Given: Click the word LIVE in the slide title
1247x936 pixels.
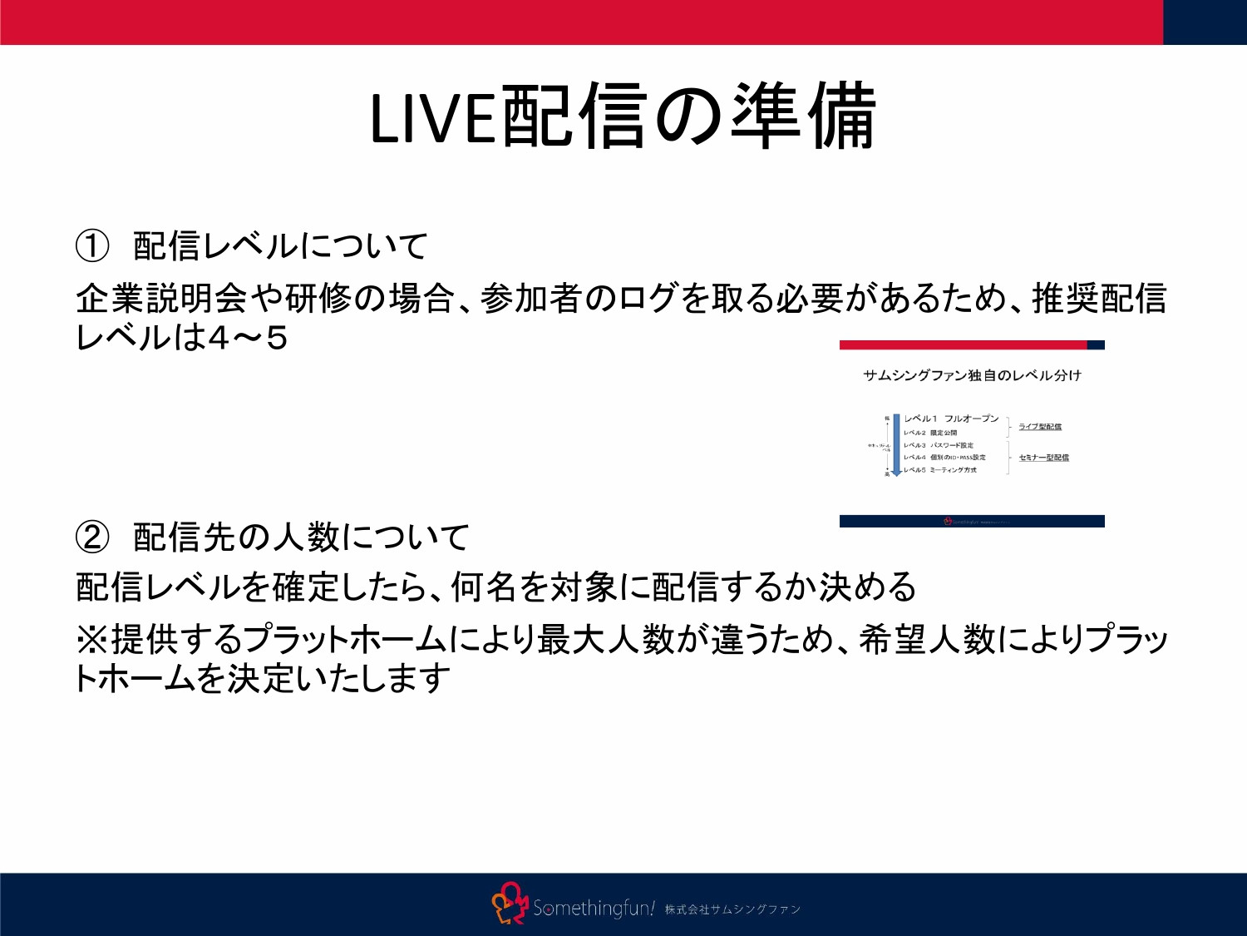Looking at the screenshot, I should coord(431,119).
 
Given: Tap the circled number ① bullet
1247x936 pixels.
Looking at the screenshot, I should coord(92,245).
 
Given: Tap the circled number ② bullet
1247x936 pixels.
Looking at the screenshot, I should coord(92,537).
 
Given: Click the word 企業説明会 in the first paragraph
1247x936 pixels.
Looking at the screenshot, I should coord(162,298).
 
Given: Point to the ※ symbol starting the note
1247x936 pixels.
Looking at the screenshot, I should coord(91,639).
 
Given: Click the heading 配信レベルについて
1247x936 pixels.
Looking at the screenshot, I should coord(280,245).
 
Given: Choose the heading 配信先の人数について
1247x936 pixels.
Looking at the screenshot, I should coord(301,537).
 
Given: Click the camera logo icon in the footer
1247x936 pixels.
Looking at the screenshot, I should coord(510,904).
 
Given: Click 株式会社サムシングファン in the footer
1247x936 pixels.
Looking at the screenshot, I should coord(732,909).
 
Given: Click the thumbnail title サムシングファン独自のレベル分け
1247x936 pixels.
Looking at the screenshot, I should coord(972,375).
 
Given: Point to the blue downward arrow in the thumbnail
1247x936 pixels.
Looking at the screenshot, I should coord(896,445).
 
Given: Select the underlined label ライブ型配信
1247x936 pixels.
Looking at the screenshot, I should coord(1040,427).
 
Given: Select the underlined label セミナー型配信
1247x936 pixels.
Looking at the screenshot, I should coord(1043,458).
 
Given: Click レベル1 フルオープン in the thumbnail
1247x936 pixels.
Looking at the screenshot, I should coord(951,418).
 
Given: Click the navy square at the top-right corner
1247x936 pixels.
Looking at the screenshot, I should coord(1205,22).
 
